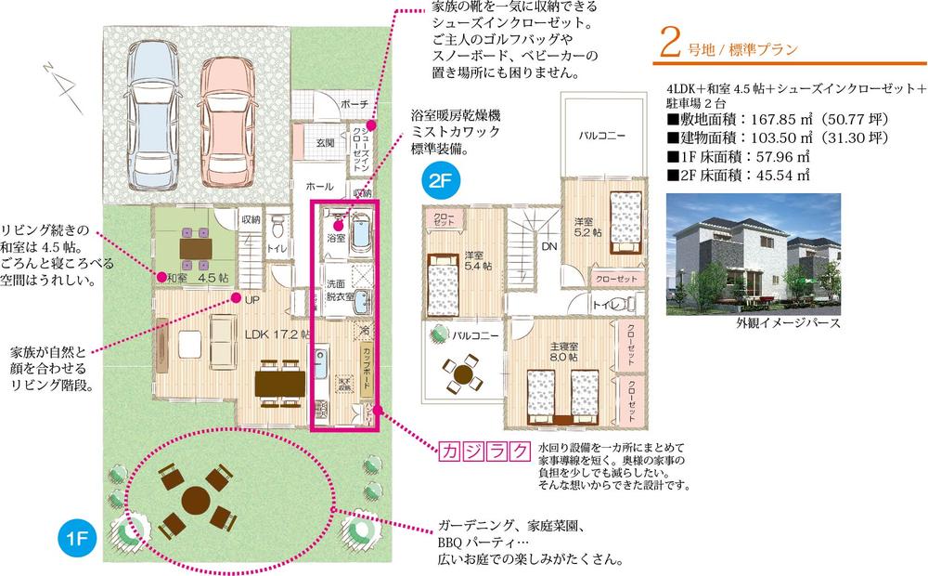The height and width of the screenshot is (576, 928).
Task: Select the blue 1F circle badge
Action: coord(78,538)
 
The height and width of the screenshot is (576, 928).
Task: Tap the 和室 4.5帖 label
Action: coord(198,276)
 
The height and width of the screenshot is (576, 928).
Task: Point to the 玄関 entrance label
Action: coord(325,142)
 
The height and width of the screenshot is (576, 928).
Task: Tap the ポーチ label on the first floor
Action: coord(354,103)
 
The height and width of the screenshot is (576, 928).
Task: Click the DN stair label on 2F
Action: coord(548,247)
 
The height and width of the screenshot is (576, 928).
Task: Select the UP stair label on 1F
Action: coord(252,299)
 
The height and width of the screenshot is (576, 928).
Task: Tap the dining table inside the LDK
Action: coord(280,380)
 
